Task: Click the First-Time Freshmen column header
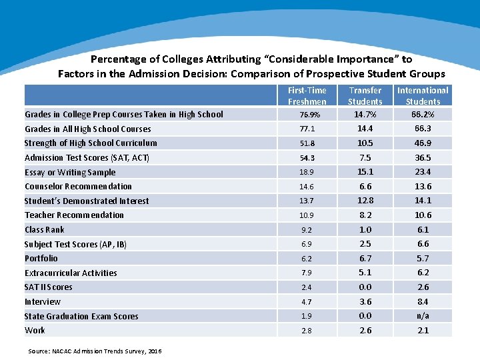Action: point(307,96)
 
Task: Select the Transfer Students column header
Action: point(365,96)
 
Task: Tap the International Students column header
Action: point(423,96)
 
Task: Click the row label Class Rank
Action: point(45,229)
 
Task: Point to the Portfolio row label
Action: point(41,258)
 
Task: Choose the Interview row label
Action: point(43,301)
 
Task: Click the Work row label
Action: point(35,330)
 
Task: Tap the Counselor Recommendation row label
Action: point(78,186)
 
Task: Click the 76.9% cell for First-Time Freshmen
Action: point(307,115)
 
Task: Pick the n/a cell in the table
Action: point(423,316)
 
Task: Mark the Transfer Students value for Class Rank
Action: point(365,229)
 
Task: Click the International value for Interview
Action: point(423,301)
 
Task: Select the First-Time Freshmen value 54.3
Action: point(307,157)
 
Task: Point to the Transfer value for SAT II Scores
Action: point(365,287)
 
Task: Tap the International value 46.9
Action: point(423,143)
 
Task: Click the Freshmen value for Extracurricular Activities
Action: point(307,273)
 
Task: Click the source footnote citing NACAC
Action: point(95,351)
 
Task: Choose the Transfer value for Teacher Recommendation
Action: point(365,215)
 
